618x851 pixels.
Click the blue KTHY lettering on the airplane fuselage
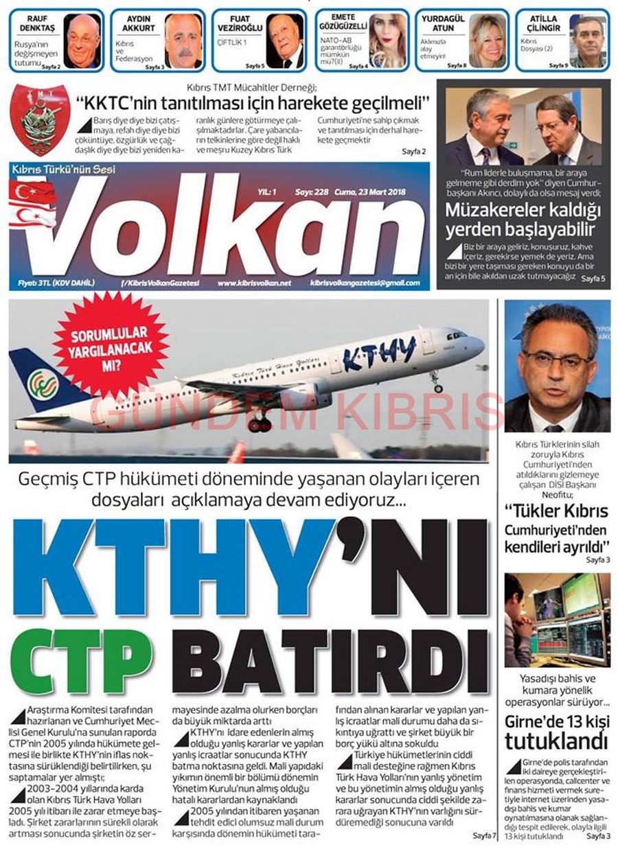tap(379, 351)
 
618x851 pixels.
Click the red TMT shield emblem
tap(41, 119)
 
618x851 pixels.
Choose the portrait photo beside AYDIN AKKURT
tap(183, 40)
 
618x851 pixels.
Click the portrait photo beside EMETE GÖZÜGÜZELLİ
tap(388, 40)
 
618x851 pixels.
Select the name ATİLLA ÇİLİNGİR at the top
tap(545, 23)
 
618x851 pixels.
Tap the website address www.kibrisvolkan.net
tap(254, 283)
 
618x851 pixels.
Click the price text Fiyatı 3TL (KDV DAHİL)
tap(57, 283)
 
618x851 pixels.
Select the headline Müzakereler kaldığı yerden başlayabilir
tap(522, 220)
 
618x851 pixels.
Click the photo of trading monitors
tap(557, 620)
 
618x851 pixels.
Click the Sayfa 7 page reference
tap(483, 835)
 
